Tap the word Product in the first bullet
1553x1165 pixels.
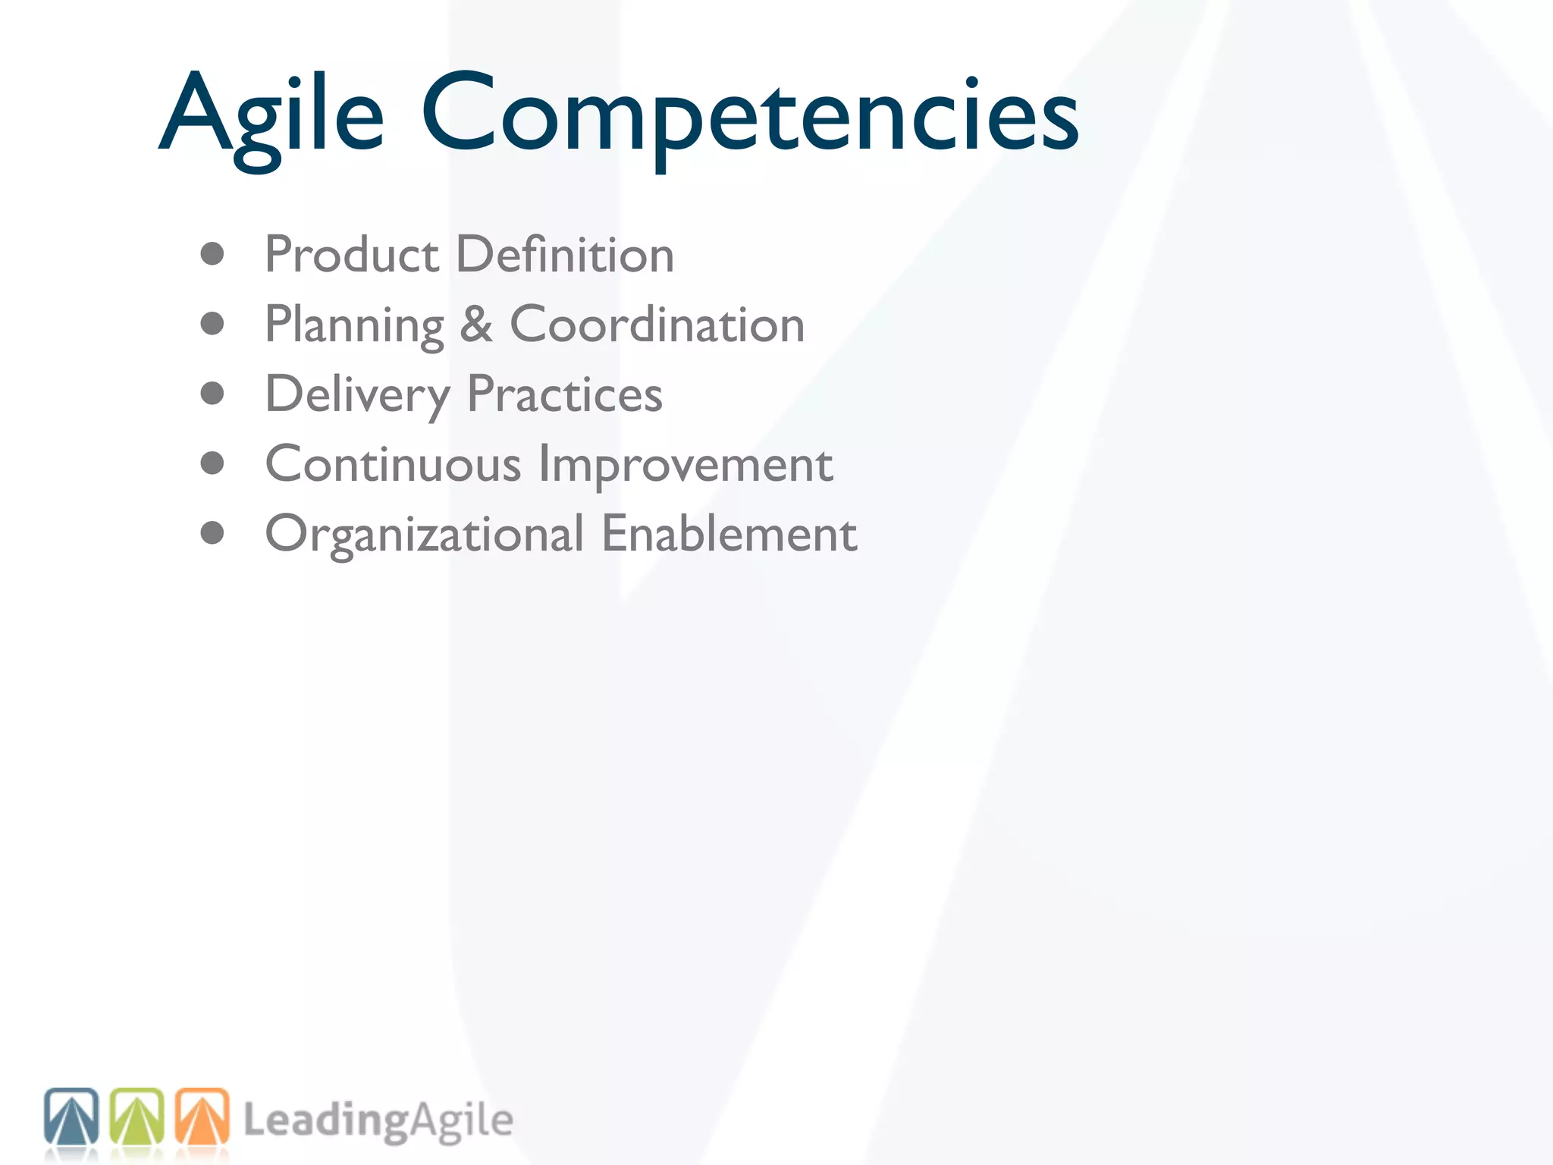[351, 255]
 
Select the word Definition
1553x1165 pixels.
[565, 255]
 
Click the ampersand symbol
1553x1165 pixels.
[476, 325]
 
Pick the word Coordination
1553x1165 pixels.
[657, 325]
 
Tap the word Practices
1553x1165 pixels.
[564, 394]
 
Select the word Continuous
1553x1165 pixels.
[393, 464]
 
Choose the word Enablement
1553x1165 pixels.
[729, 534]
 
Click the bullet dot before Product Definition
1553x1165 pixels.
[212, 254]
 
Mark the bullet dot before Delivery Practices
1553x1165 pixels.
[212, 394]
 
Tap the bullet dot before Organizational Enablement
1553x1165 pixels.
[212, 533]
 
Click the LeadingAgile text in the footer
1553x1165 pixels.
[378, 1121]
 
